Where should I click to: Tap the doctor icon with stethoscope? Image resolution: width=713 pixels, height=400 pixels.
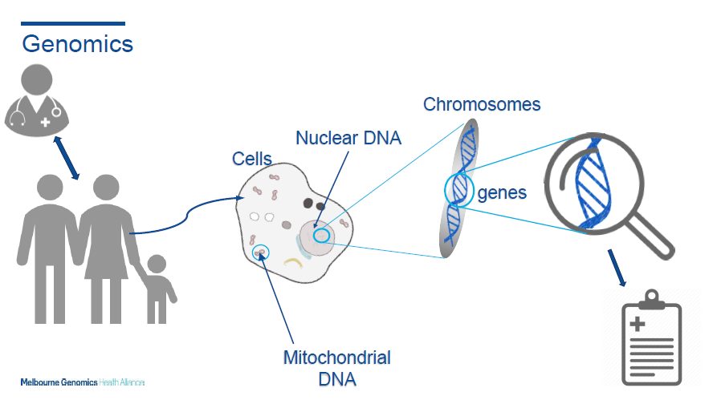point(37,100)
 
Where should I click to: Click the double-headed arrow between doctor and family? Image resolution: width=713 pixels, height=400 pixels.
point(67,158)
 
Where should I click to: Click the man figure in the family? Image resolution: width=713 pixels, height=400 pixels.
point(50,248)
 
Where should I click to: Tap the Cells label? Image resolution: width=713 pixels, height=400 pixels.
point(252,159)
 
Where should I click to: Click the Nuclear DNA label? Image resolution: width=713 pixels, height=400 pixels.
point(348,138)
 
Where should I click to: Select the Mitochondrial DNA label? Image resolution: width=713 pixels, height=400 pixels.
point(337,368)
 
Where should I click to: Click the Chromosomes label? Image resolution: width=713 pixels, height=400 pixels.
point(482,104)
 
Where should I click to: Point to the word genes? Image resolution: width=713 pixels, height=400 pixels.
point(502,193)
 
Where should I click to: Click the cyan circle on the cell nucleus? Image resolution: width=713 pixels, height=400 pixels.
point(321,235)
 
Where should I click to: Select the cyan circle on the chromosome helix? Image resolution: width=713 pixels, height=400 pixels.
point(445,190)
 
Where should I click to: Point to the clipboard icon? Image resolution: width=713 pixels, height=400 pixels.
point(651,337)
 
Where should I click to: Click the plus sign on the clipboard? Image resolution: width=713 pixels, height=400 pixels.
point(638,324)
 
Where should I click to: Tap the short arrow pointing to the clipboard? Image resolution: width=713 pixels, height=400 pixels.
point(617,268)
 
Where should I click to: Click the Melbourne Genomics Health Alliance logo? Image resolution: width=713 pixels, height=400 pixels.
point(83,382)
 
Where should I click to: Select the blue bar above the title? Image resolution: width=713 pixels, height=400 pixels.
point(73,23)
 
